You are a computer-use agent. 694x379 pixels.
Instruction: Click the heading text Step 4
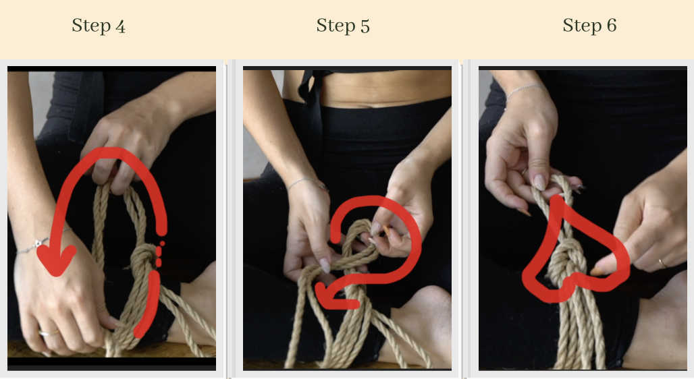(x=99, y=26)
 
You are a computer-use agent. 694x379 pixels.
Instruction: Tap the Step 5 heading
(x=343, y=26)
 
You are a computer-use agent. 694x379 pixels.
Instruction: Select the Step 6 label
(x=589, y=26)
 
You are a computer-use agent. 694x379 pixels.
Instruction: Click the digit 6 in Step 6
(x=611, y=26)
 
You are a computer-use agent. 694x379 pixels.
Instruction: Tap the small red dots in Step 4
(x=160, y=252)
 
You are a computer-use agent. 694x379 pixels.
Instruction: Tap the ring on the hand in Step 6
(x=663, y=262)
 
